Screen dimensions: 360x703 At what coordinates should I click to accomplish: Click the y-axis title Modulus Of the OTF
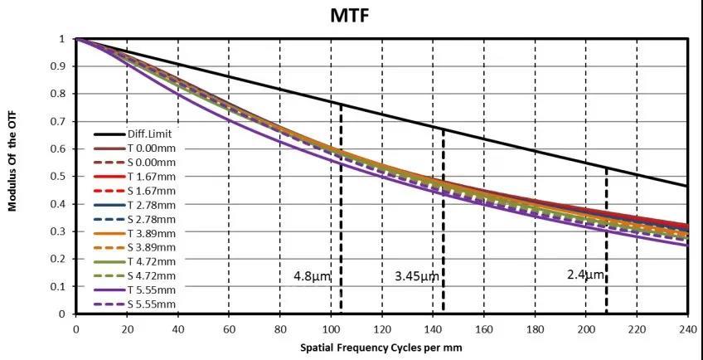coord(13,164)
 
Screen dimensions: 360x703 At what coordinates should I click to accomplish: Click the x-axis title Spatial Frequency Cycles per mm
coord(381,346)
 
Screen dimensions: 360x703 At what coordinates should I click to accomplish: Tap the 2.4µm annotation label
coord(585,275)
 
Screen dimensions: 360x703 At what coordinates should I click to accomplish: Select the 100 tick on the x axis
coord(331,328)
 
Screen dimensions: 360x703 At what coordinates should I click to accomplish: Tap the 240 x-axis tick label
coord(687,328)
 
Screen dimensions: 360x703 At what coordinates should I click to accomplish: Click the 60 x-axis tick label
coord(229,328)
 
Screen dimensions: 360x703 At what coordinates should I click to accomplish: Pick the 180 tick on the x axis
coord(535,328)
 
